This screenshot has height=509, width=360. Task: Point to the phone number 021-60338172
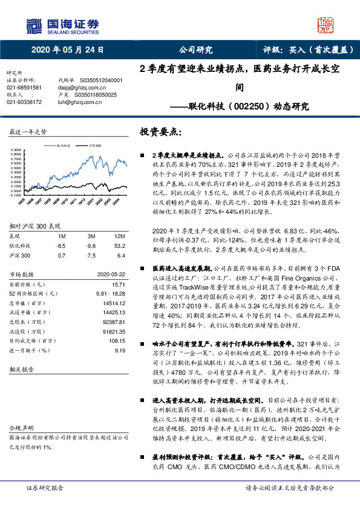click(24, 102)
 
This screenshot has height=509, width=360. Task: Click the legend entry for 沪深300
click(94, 146)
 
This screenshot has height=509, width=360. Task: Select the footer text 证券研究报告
click(44, 487)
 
